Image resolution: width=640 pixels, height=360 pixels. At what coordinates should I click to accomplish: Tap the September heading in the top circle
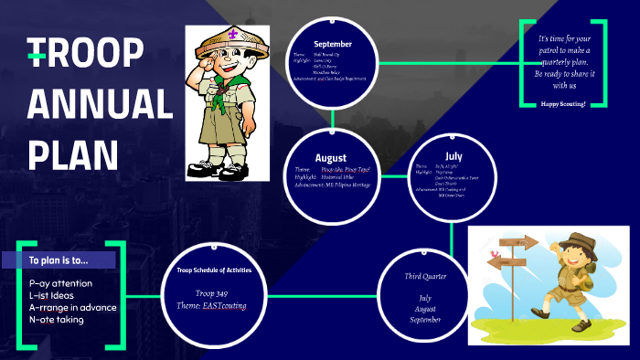pos(332,44)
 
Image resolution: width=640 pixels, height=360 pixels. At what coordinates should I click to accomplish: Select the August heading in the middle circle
pos(331,157)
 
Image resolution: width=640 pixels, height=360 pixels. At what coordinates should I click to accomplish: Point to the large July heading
pos(453,156)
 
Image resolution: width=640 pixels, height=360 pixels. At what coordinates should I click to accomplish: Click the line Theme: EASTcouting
pos(212,304)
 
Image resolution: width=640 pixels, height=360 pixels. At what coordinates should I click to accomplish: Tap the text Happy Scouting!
pos(563,104)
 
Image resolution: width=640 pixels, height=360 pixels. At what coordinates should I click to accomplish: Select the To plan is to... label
pos(59,260)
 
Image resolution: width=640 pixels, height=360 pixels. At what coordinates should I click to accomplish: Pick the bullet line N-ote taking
pos(58,319)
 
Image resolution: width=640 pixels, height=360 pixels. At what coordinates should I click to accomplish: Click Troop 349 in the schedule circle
pos(212,292)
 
